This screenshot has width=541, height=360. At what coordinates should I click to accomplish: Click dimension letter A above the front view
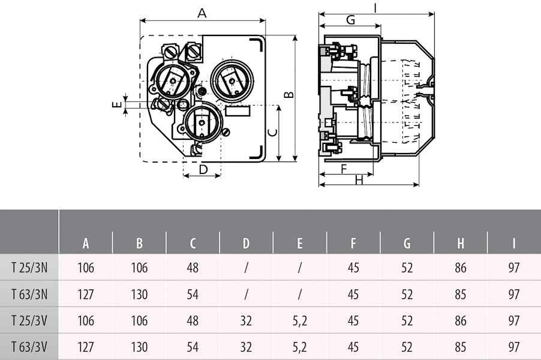tap(202, 13)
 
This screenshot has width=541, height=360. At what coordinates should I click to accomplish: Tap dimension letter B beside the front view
tap(288, 95)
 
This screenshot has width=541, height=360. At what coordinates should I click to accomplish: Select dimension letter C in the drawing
tap(272, 133)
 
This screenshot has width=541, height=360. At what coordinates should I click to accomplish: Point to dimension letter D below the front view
tap(203, 170)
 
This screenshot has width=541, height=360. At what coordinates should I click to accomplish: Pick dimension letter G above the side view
tap(350, 20)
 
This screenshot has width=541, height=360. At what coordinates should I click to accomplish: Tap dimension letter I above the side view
tap(375, 8)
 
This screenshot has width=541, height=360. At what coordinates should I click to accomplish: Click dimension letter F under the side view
tap(344, 169)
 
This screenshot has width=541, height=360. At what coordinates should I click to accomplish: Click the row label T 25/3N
tap(29, 268)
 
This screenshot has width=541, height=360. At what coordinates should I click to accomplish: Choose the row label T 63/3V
tap(29, 347)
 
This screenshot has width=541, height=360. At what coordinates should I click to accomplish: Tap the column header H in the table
tap(461, 244)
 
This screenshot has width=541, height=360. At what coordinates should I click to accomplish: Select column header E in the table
tap(300, 244)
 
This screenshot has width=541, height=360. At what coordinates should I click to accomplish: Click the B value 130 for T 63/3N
tap(139, 294)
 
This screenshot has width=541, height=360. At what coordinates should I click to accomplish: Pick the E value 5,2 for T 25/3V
tap(300, 320)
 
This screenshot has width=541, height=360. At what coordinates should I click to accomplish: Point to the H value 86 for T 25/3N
tap(461, 268)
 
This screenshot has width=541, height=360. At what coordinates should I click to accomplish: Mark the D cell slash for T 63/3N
tap(247, 294)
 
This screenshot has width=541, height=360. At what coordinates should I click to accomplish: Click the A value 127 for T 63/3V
tap(86, 347)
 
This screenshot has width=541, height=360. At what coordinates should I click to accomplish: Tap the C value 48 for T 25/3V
tap(193, 320)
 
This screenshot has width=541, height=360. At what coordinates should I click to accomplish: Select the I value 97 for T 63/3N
tap(514, 294)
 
